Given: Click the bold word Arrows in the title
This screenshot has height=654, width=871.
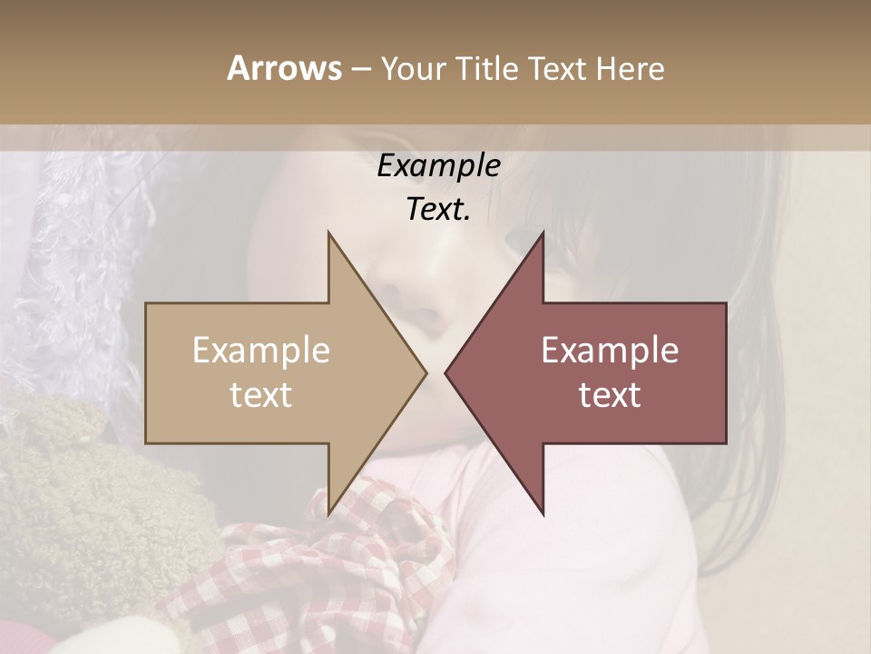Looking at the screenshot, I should (284, 68).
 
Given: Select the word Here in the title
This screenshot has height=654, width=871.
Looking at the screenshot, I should (630, 69).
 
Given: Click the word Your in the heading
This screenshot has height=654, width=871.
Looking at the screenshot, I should (412, 69).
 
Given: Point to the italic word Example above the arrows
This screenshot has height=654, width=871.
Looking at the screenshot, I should (438, 166).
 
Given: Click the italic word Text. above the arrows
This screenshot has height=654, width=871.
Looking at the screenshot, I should (438, 209).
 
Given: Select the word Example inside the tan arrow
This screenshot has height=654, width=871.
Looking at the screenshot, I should (260, 351).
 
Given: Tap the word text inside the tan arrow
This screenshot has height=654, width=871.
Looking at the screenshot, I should (260, 395).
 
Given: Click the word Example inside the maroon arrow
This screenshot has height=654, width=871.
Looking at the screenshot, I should (610, 351).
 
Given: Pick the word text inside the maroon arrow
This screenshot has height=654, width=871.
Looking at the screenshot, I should (610, 395).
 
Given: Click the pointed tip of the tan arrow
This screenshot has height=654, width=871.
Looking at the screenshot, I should (425, 372).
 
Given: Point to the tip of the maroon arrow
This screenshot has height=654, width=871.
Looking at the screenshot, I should (447, 372).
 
